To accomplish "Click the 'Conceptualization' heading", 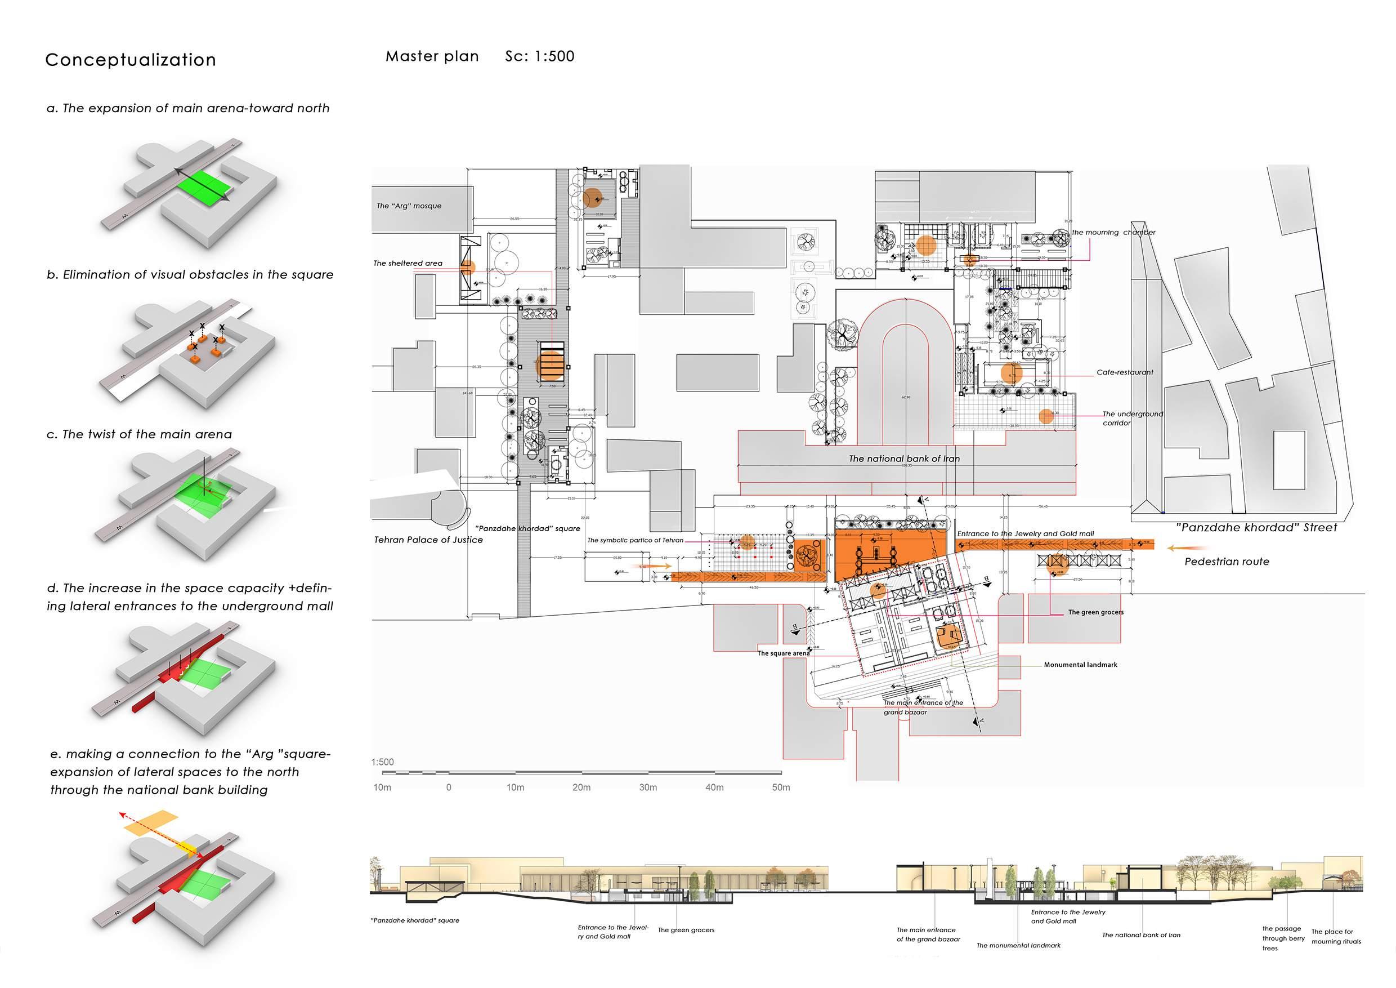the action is point(131,60).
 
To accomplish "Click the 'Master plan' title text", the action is point(432,56).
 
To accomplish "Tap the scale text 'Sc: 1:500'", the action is point(539,56).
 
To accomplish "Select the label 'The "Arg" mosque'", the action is point(409,206).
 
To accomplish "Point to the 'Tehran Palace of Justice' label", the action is point(428,540).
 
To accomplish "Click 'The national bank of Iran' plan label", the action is point(904,459).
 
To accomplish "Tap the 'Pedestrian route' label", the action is point(1227,562).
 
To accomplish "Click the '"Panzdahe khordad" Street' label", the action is point(1256,527).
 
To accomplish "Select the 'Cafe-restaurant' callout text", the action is point(1124,372).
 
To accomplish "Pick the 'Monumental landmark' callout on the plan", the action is point(1080,665).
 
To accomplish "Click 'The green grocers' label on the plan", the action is point(1095,612).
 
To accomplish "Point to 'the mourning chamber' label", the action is point(1113,233).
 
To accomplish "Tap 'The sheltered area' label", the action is point(408,264).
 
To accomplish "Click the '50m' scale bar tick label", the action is point(781,787).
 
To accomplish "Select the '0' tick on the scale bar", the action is point(449,787).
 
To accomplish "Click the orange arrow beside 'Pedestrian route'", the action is point(1176,548).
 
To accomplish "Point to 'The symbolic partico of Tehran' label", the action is point(635,540).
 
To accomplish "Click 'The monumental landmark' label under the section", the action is point(1018,945).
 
